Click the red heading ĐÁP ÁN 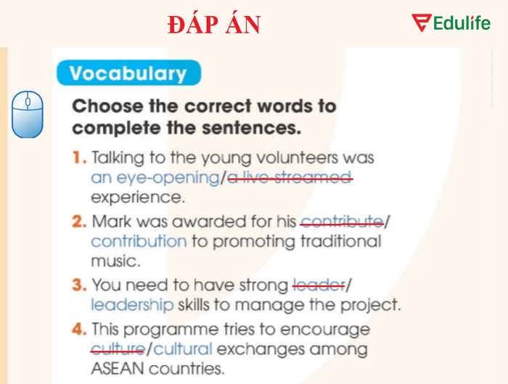213,25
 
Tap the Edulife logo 451,23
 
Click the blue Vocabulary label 127,73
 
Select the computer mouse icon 28,114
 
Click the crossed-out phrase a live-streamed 290,178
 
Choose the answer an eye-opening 155,178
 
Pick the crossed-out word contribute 342,222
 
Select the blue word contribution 139,241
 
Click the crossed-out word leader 318,285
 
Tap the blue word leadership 132,305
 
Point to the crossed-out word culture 117,349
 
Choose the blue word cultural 184,349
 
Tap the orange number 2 79,222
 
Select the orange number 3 79,285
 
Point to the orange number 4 79,330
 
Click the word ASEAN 115,369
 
